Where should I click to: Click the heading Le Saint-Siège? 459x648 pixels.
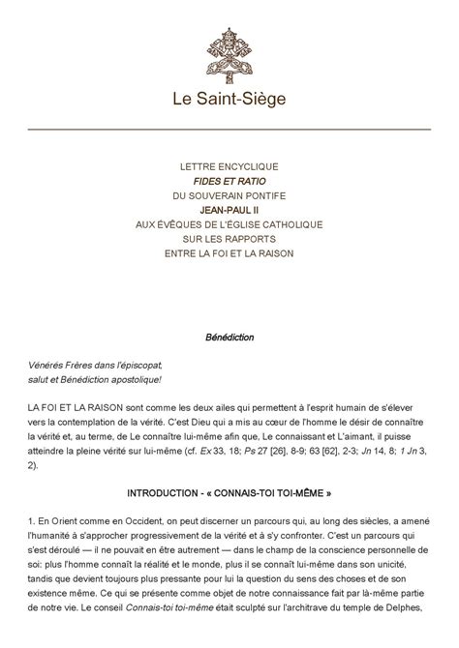click(x=229, y=99)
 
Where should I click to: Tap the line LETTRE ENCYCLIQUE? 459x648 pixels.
click(x=229, y=166)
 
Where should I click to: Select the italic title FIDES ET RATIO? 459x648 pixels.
click(x=229, y=181)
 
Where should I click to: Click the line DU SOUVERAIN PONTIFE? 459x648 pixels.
click(x=229, y=195)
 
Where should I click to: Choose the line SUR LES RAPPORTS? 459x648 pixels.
click(x=229, y=239)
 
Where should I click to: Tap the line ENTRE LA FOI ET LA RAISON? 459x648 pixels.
click(x=229, y=253)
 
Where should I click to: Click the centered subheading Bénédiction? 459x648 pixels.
click(x=229, y=338)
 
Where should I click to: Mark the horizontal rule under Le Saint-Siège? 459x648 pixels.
click(x=229, y=129)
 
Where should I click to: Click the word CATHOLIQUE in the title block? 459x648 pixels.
click(x=281, y=224)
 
